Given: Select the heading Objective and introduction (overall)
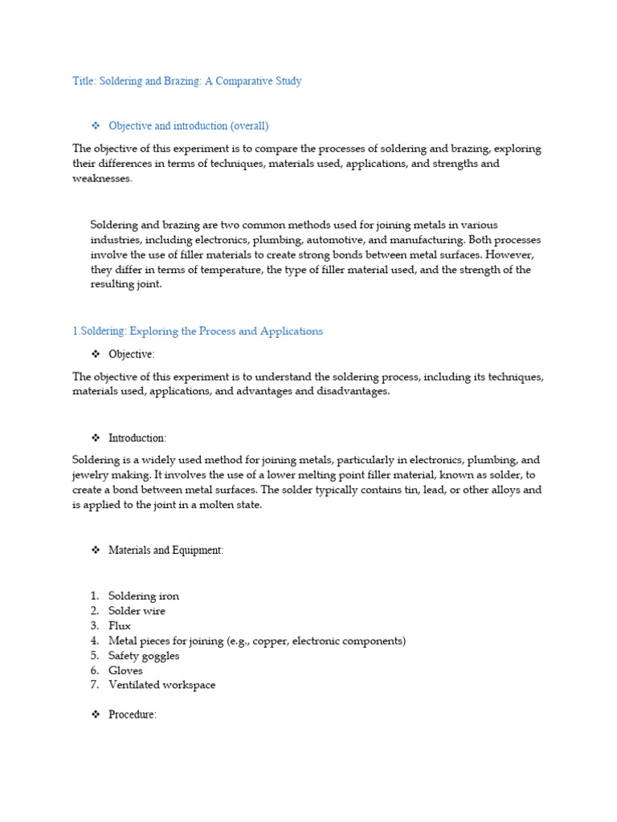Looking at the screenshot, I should click(188, 126).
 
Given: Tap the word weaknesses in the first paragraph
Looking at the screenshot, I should click(102, 178).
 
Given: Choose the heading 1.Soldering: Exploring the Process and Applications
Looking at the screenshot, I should click(198, 332).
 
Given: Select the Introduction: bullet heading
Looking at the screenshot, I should click(137, 438).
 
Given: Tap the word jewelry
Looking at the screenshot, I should click(91, 475).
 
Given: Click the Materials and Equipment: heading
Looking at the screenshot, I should click(166, 551).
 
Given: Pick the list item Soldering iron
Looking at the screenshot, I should click(144, 596).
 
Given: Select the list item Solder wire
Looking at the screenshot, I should click(137, 611).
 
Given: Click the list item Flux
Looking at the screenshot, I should click(120, 626).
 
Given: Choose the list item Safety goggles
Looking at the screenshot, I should click(144, 656).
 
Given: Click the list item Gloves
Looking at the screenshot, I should click(125, 670).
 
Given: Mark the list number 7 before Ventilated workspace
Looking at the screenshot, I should click(94, 686).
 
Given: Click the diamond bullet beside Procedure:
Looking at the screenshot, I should click(95, 714).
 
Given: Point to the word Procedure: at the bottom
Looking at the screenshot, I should click(132, 715).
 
